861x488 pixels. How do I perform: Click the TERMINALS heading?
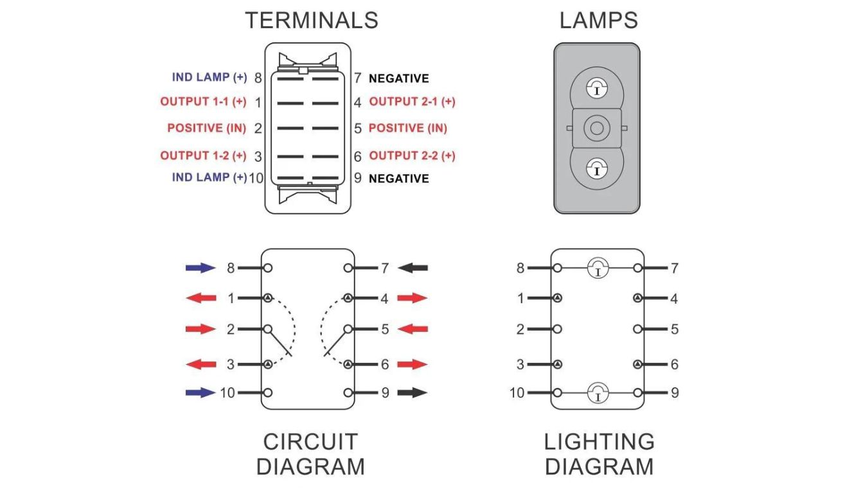[x=311, y=20]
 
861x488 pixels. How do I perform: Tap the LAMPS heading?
[x=598, y=20]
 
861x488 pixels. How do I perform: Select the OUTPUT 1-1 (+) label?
[x=203, y=102]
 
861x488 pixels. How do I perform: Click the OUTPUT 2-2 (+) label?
[x=412, y=155]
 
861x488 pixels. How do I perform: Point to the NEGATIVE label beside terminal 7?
[x=398, y=78]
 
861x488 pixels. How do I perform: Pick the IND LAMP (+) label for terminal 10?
[x=209, y=177]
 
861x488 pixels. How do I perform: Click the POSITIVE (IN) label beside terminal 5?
[x=408, y=128]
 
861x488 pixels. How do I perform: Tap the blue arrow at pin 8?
[x=200, y=268]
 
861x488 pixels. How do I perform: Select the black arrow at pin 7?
[x=413, y=268]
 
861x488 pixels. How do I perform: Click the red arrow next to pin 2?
[x=200, y=329]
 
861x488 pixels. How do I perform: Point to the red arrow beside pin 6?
[x=413, y=365]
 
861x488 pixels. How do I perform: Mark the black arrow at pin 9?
[x=413, y=392]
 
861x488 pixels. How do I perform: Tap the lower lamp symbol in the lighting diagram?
[x=598, y=392]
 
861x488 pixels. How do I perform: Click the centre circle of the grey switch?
[x=597, y=128]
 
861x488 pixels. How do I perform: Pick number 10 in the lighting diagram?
[x=517, y=392]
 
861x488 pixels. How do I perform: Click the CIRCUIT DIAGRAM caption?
[x=310, y=453]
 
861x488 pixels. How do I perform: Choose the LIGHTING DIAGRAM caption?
[x=599, y=453]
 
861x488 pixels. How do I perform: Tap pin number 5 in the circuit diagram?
[x=385, y=329]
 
